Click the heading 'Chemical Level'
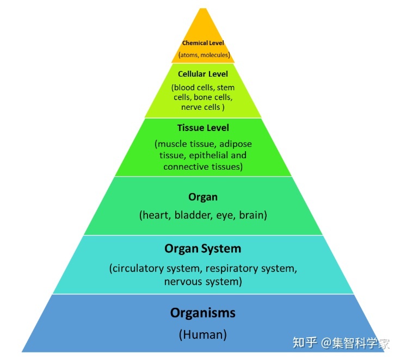pyautogui.click(x=203, y=43)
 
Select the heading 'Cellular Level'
pyautogui.click(x=203, y=73)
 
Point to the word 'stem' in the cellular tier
pyautogui.click(x=225, y=87)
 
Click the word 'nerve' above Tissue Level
pyautogui.click(x=193, y=107)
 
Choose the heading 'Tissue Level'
pyautogui.click(x=203, y=128)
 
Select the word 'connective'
pyautogui.click(x=185, y=166)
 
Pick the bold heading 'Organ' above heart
pyautogui.click(x=202, y=197)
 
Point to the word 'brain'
pyautogui.click(x=253, y=215)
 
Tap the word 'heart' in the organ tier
pyautogui.click(x=155, y=215)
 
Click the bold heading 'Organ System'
pyautogui.click(x=202, y=249)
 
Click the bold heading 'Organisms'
pyautogui.click(x=202, y=313)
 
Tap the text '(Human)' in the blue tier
pyautogui.click(x=202, y=334)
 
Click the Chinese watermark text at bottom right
pyautogui.click(x=341, y=343)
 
